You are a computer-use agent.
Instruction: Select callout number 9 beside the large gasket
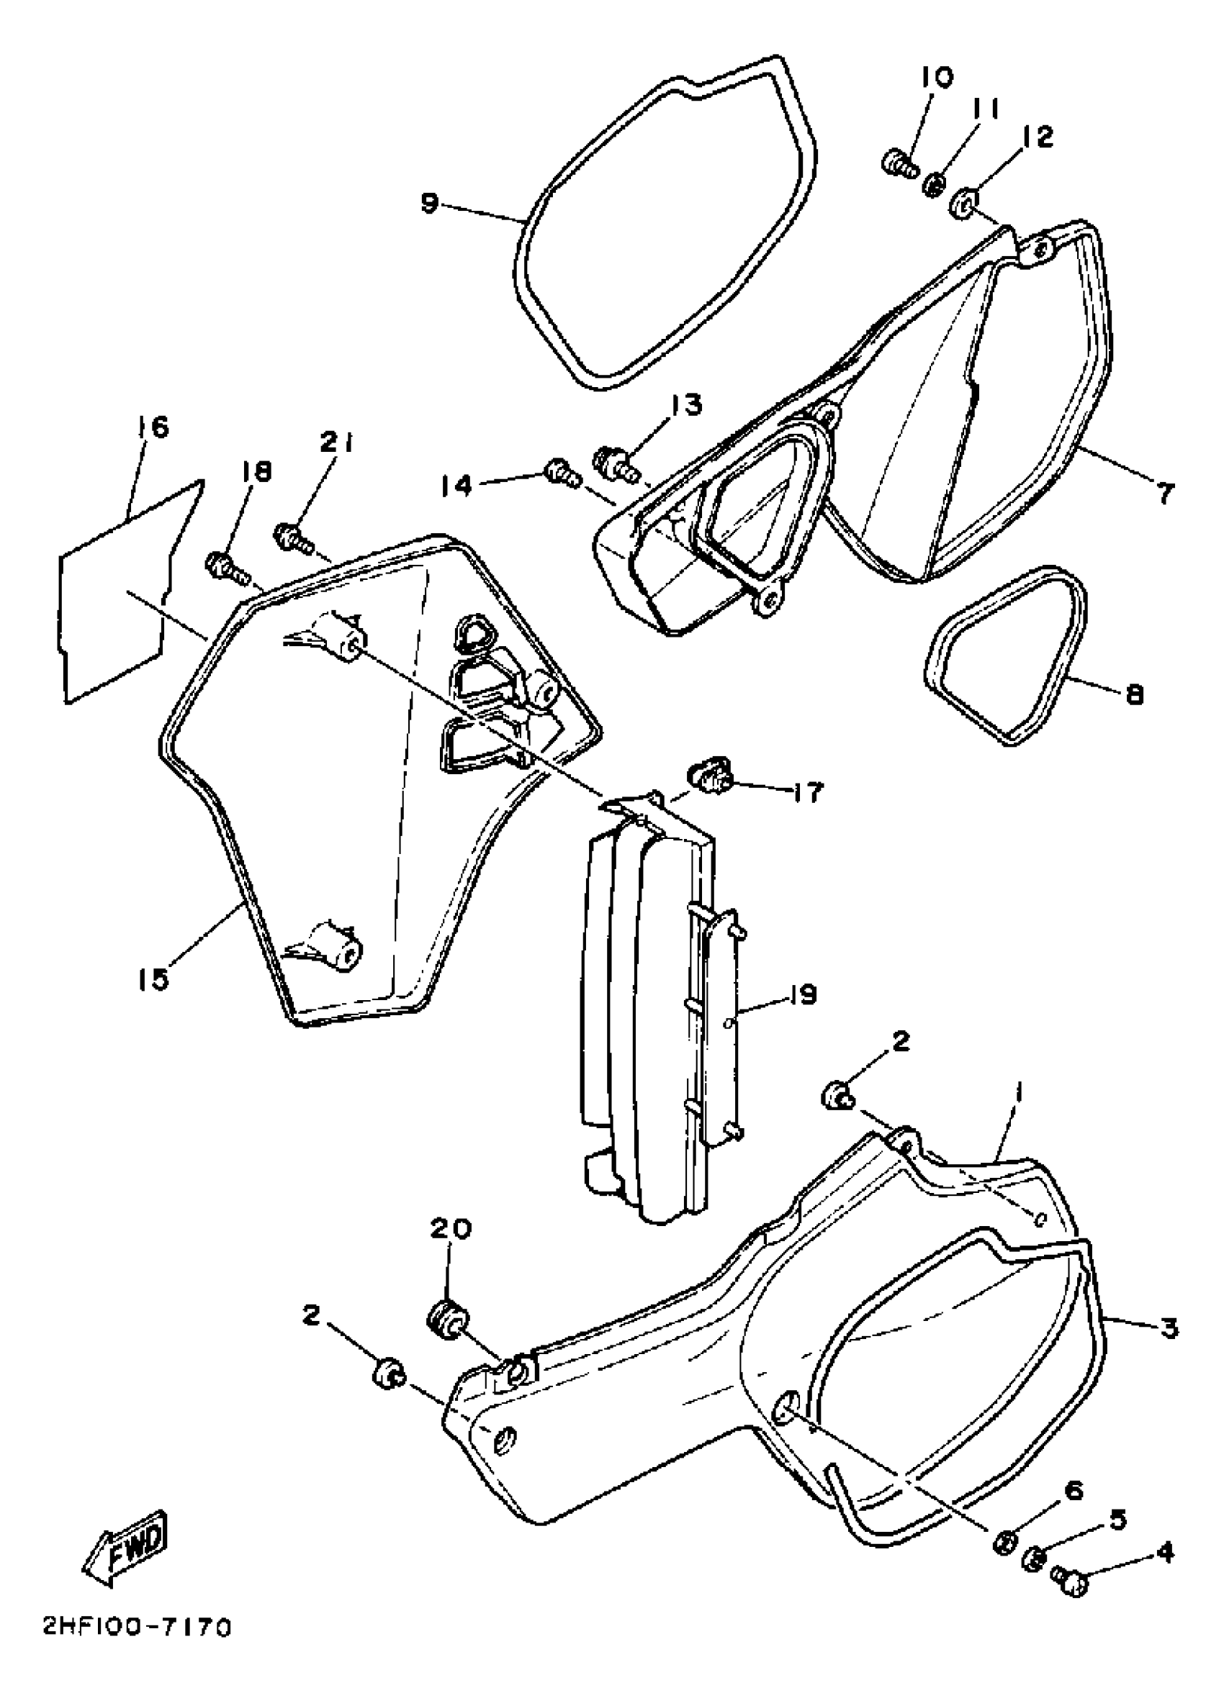point(428,203)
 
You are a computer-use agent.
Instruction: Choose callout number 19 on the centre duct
point(802,994)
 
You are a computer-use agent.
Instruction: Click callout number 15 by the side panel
point(154,979)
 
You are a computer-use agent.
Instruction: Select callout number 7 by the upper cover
point(1164,493)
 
